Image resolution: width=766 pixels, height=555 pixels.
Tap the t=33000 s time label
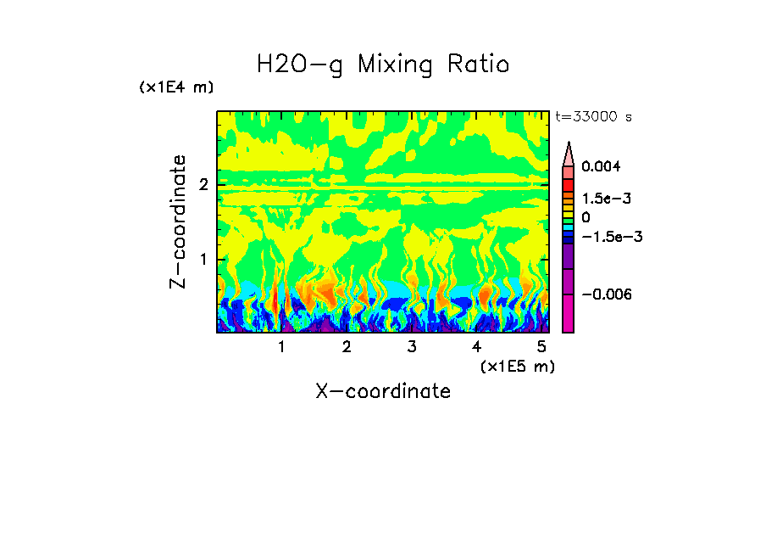tap(593, 116)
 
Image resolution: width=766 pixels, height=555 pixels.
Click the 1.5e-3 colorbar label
tap(601, 198)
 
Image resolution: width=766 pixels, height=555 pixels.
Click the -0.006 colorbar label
tap(604, 294)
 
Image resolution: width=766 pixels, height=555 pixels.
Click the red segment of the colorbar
tap(569, 184)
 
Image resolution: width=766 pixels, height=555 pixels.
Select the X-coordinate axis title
tap(383, 391)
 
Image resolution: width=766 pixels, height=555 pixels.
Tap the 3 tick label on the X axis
tap(411, 346)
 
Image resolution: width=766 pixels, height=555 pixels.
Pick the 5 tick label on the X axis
tap(541, 346)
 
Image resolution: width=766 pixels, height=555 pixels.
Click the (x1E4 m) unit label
tap(176, 87)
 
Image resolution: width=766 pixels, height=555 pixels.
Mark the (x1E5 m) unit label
tap(517, 366)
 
